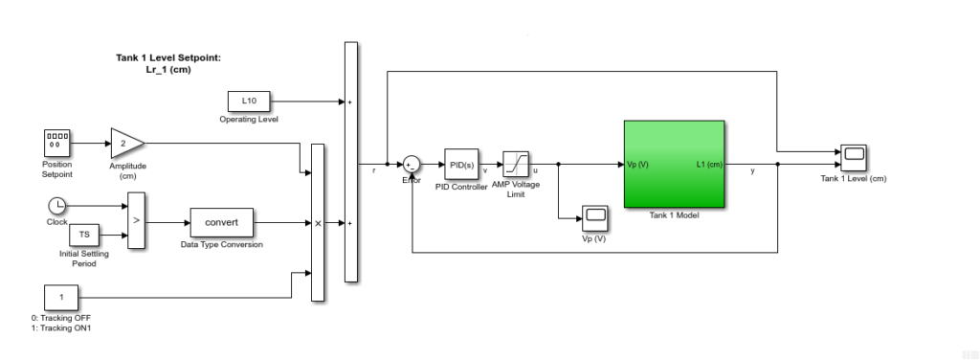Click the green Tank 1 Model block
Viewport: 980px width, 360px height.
[674, 164]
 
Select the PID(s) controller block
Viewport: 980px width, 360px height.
[460, 165]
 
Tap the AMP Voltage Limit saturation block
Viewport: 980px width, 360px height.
[516, 164]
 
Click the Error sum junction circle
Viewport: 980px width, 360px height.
[410, 166]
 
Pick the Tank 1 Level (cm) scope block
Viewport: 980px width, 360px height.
[854, 156]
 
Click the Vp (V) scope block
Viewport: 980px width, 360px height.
[595, 217]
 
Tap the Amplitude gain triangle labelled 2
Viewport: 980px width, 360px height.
[125, 143]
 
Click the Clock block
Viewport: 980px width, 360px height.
[56, 205]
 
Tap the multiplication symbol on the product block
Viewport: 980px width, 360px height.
[318, 223]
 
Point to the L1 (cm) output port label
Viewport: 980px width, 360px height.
[709, 165]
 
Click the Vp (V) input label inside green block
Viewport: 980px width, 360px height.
[638, 165]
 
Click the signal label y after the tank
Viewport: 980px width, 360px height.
[752, 171]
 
